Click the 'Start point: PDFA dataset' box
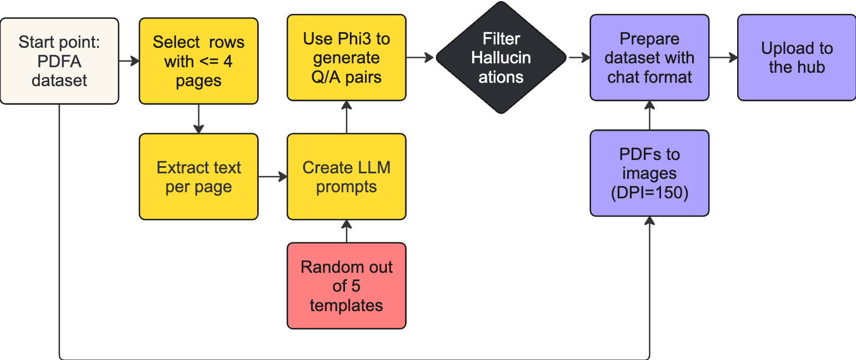click(59, 61)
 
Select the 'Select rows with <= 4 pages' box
click(198, 61)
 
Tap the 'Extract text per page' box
click(198, 177)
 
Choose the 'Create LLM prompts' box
click(346, 177)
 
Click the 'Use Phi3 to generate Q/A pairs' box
click(346, 57)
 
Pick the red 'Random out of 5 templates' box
click(346, 286)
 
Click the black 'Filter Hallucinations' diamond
click(500, 58)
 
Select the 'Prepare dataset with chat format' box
click(649, 58)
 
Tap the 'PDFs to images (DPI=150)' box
click(649, 173)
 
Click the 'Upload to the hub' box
click(797, 58)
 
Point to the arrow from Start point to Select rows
click(129, 61)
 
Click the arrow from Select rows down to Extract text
click(198, 118)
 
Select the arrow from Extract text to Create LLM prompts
click(272, 177)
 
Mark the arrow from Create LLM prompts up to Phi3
click(346, 117)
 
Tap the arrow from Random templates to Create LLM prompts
click(346, 231)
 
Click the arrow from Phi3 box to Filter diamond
click(420, 57)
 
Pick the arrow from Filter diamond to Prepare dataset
click(578, 58)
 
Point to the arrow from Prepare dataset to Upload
click(723, 58)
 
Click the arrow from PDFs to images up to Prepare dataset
click(649, 116)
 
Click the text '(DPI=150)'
click(649, 193)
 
